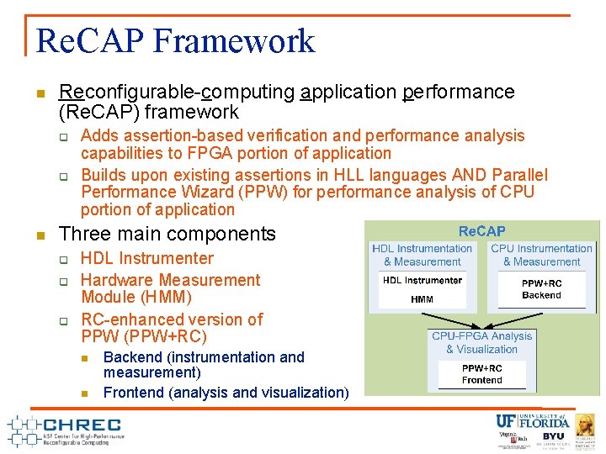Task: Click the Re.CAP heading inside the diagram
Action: click(x=481, y=230)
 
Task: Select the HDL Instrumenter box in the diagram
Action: click(x=423, y=280)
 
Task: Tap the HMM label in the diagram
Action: click(x=422, y=299)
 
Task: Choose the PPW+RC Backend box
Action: click(x=541, y=290)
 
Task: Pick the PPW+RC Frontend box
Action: click(x=481, y=374)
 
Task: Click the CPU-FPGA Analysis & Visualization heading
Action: click(x=481, y=342)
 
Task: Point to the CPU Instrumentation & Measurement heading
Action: click(x=541, y=255)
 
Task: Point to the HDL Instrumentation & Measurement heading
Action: click(x=423, y=255)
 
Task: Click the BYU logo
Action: click(x=553, y=437)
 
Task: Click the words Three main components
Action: click(x=167, y=234)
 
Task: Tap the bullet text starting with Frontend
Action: click(x=226, y=392)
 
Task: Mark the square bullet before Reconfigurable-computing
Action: click(x=40, y=92)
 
